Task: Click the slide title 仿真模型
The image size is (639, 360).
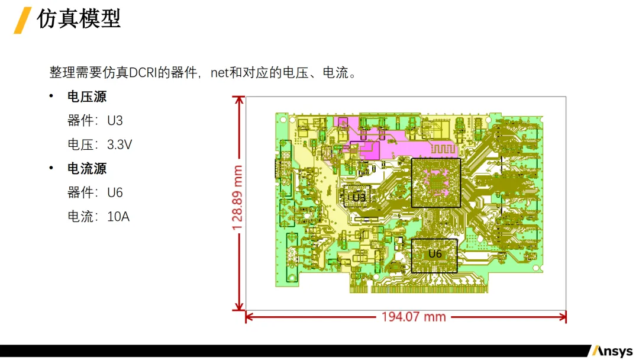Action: pyautogui.click(x=79, y=19)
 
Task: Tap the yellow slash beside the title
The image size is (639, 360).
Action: pyautogui.click(x=22, y=20)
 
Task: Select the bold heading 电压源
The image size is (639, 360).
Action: pyautogui.click(x=87, y=97)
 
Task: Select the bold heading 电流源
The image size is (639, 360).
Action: pyautogui.click(x=87, y=169)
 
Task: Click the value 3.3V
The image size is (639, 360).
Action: pyautogui.click(x=120, y=144)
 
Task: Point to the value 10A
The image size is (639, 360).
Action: pyautogui.click(x=118, y=217)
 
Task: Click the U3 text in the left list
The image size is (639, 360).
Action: pyautogui.click(x=115, y=121)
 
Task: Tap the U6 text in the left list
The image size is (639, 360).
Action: pyautogui.click(x=115, y=193)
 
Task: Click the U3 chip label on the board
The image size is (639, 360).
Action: pyautogui.click(x=359, y=197)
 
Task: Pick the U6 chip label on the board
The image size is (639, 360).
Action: pyautogui.click(x=435, y=254)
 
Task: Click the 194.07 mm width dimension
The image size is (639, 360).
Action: pyautogui.click(x=413, y=317)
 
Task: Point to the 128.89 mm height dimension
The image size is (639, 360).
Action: pyautogui.click(x=238, y=197)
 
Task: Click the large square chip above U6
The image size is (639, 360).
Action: pyautogui.click(x=435, y=182)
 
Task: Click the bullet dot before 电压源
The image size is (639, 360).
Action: pyautogui.click(x=51, y=97)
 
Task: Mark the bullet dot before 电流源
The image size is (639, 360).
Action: pyautogui.click(x=51, y=169)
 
